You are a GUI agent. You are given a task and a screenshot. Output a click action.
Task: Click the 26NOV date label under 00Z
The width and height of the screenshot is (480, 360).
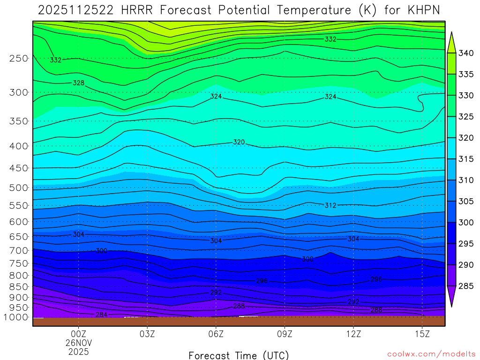78,343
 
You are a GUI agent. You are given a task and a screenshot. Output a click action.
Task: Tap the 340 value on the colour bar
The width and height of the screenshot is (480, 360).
466,53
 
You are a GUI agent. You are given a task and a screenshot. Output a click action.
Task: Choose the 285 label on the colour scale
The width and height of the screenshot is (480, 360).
466,286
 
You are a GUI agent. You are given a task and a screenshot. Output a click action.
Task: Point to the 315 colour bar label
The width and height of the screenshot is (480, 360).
466,159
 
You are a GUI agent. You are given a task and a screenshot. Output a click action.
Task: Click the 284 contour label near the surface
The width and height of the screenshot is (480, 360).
101,314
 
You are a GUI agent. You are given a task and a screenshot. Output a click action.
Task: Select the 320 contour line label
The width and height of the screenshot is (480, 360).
239,142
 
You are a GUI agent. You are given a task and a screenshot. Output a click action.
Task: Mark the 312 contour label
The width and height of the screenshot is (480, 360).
330,205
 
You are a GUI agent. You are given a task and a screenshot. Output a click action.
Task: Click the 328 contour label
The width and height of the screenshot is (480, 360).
79,83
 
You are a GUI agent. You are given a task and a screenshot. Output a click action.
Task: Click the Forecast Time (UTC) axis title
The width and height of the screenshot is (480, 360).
239,355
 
